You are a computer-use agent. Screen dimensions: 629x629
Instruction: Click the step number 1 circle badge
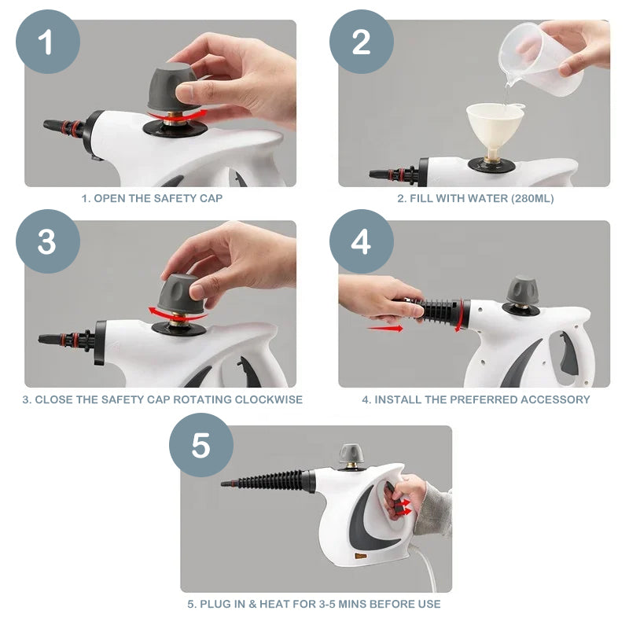[47, 42]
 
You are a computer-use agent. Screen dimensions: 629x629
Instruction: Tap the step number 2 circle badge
[361, 42]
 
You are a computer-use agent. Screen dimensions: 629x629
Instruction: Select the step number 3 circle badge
[47, 241]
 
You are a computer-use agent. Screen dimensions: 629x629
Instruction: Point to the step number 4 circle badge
[361, 241]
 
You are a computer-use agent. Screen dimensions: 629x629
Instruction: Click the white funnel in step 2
[495, 125]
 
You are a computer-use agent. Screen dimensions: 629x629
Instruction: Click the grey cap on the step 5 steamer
[351, 454]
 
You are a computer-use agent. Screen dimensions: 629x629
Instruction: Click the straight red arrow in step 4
[384, 329]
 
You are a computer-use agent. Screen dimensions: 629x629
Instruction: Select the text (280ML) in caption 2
[532, 199]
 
